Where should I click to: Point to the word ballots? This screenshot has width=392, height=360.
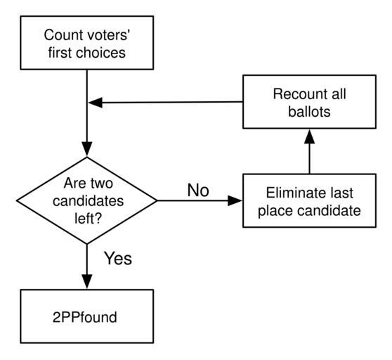tap(309, 112)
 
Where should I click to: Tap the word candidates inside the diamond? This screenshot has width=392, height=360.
tap(89, 201)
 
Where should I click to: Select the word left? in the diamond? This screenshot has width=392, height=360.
tap(88, 219)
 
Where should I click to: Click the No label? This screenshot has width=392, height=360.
tap(198, 190)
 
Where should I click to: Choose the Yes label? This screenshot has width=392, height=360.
tap(118, 258)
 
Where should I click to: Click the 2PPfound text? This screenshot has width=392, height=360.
tap(85, 317)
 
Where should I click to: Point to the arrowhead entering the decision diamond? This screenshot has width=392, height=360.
tap(86, 149)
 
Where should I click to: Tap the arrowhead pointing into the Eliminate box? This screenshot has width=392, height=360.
tap(235, 200)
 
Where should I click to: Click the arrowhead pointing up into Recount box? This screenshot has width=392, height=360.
tap(310, 136)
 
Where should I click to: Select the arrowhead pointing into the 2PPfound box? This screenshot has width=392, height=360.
tap(86, 282)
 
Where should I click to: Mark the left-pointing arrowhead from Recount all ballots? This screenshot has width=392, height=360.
tap(96, 103)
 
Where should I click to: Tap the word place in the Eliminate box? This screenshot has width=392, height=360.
tap(276, 211)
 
